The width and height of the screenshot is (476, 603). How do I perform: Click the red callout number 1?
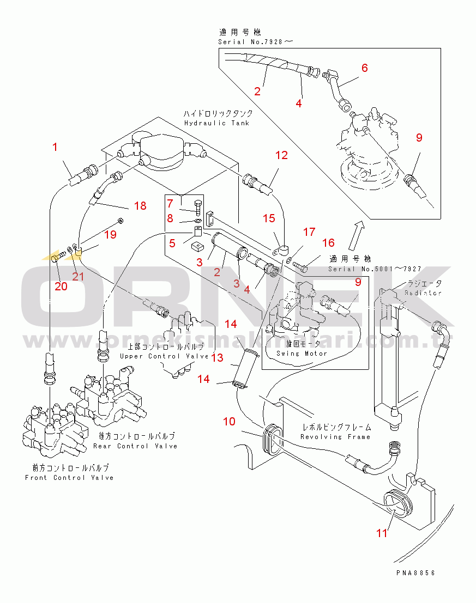click(x=55, y=147)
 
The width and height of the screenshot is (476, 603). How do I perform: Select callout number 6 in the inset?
click(x=365, y=68)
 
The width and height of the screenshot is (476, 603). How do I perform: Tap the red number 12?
click(x=281, y=155)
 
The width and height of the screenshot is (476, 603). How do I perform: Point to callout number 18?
click(x=141, y=205)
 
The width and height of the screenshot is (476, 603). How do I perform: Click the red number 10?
click(x=229, y=421)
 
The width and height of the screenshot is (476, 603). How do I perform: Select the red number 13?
click(x=218, y=357)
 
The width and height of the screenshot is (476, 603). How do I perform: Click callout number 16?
click(x=328, y=243)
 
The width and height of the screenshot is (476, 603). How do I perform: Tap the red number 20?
click(x=61, y=286)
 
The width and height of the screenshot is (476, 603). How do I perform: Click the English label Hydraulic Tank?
click(x=216, y=123)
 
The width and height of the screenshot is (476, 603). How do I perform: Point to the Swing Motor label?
click(x=302, y=354)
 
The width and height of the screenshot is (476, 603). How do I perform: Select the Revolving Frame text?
click(x=335, y=436)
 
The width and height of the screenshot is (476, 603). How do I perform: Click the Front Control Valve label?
click(x=70, y=478)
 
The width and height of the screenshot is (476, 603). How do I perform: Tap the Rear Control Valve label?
click(x=135, y=446)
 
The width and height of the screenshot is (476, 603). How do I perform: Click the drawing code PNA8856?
click(x=416, y=573)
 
